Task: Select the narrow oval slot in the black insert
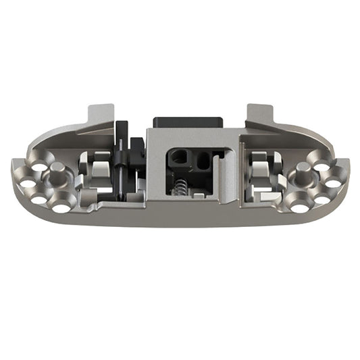tap(202, 161)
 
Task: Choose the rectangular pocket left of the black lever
tap(95, 172)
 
